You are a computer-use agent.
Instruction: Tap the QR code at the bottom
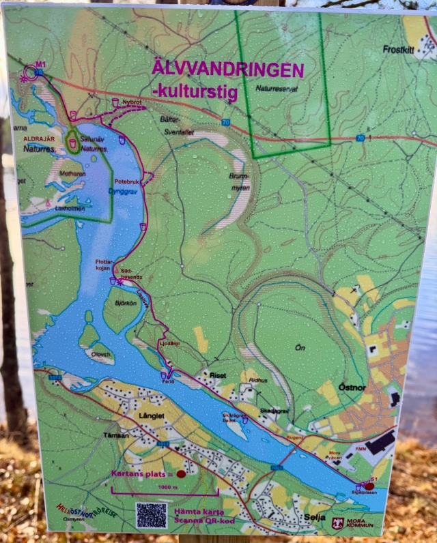(151, 515)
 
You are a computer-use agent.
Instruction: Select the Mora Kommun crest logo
(337, 523)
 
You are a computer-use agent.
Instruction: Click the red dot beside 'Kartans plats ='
(181, 473)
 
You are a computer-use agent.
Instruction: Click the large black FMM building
(379, 442)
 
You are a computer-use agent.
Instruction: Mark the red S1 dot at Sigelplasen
(369, 486)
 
